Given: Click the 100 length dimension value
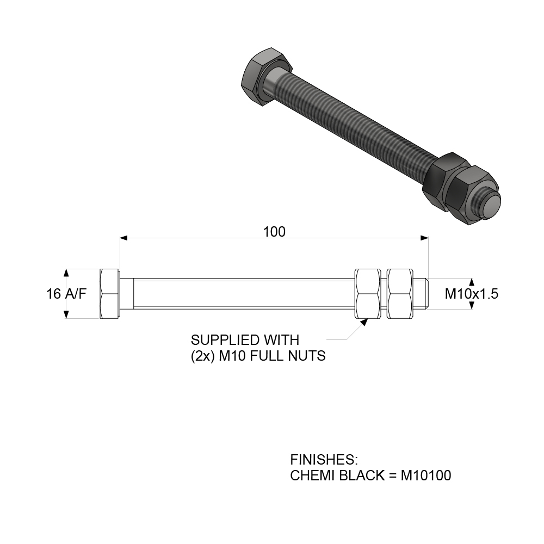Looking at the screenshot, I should point(274,232).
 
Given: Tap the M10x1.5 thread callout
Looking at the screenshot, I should point(472,294).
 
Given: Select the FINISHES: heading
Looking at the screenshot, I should point(324,459).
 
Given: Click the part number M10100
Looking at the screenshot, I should point(425,475).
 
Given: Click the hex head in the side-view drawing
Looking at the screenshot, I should point(110,294).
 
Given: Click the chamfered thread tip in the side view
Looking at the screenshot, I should point(426,294).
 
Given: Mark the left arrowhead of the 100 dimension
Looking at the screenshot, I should point(123,238).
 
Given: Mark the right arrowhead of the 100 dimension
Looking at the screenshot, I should point(425,238).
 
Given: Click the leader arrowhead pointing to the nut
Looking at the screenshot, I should point(363,321).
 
